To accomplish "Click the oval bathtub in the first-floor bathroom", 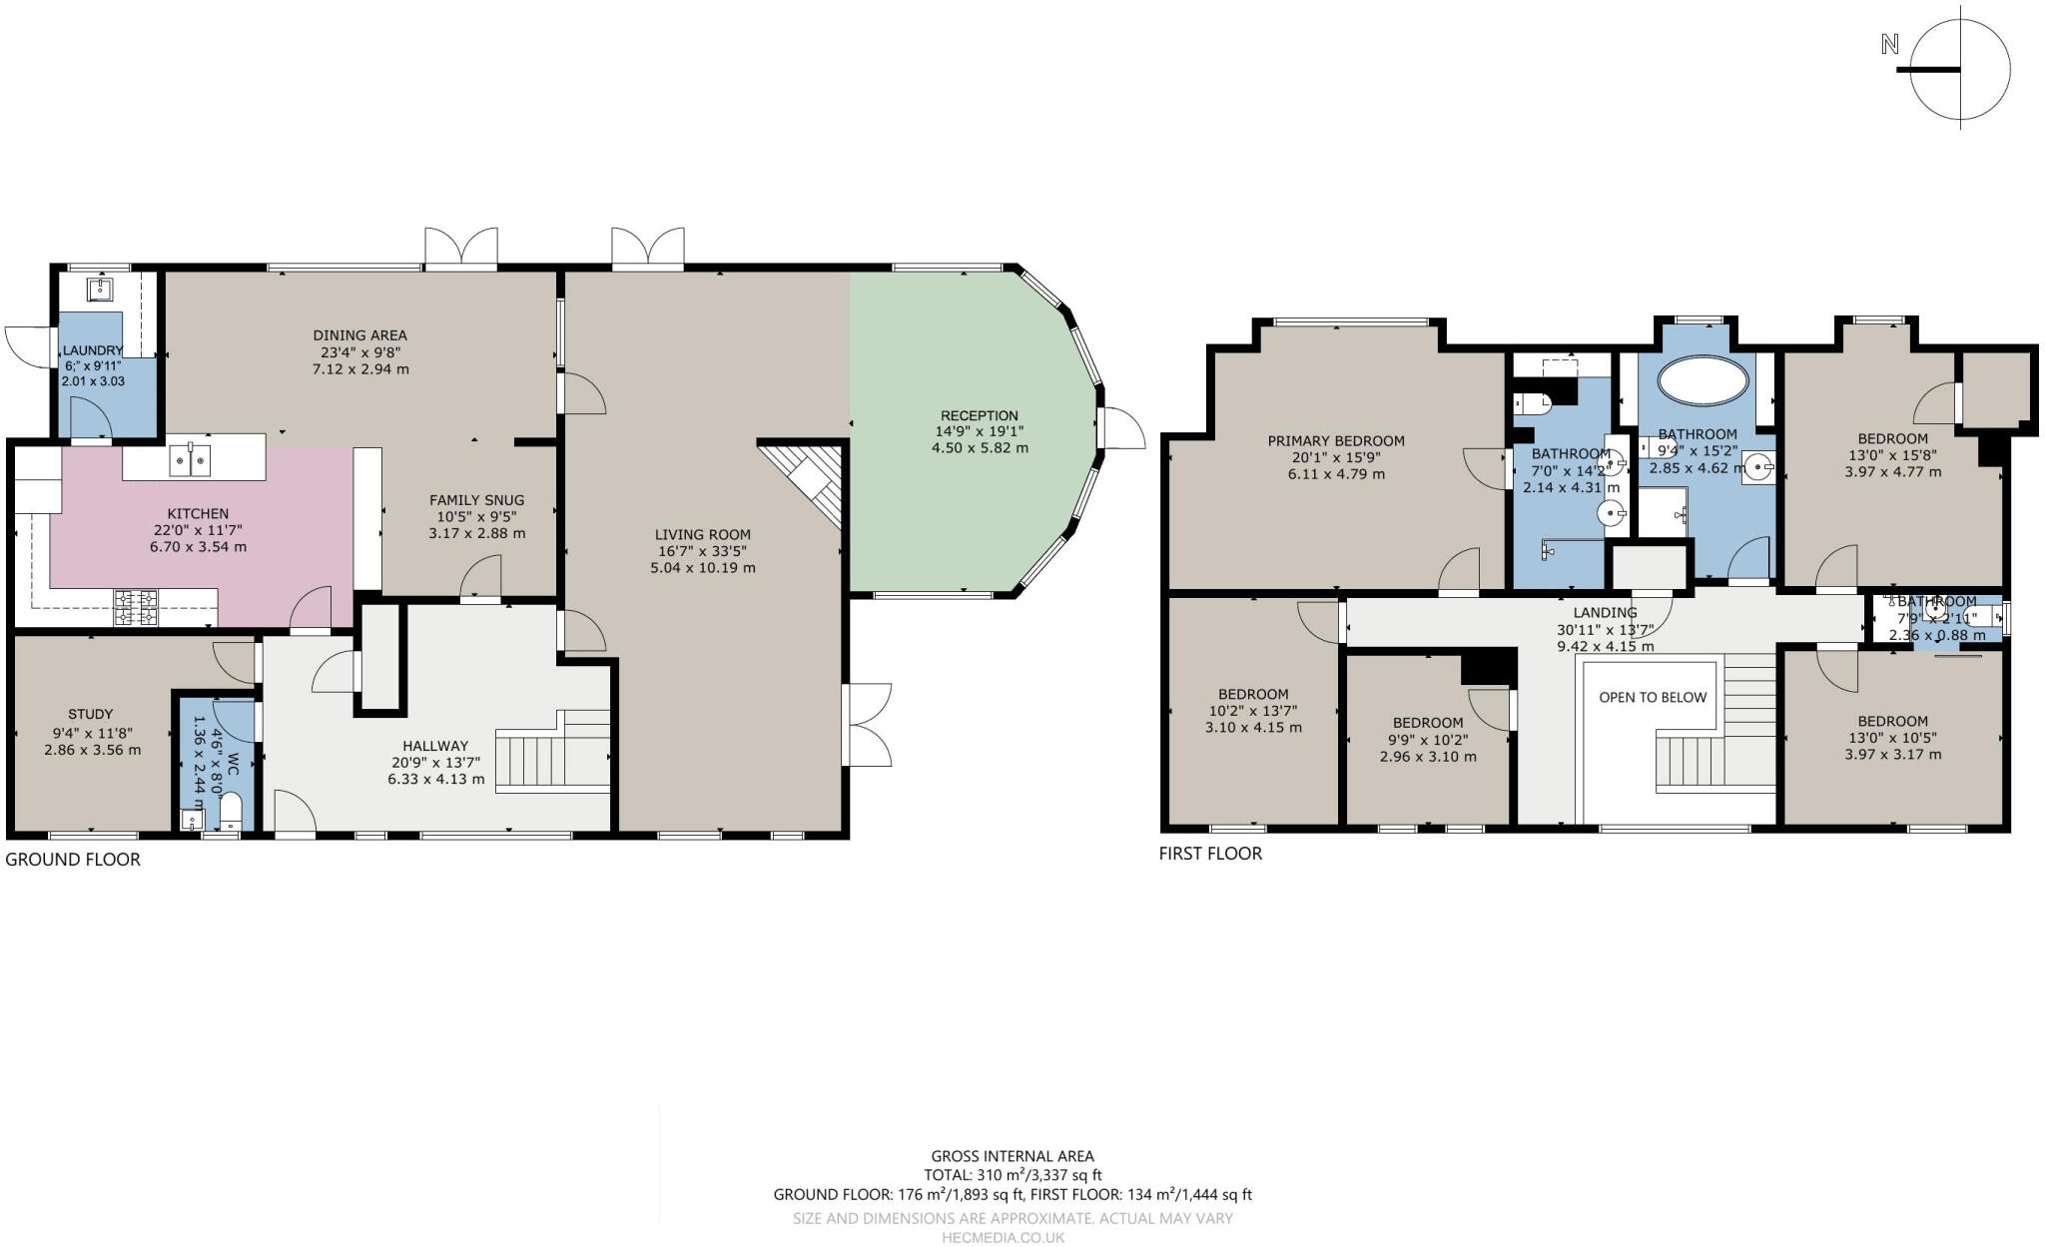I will pos(1703,380).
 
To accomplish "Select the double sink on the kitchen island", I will pos(191,460).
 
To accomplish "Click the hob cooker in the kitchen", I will pos(136,608).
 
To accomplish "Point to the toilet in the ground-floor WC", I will pos(230,811).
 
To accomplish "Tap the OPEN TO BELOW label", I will pos(1653,697).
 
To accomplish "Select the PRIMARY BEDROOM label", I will pos(1335,440).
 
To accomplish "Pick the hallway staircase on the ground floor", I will pos(553,751).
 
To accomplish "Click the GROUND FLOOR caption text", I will pos(73,859).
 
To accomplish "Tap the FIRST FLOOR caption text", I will pos(1210,853).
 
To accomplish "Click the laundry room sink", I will pos(100,290).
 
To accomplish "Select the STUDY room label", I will pos(90,714).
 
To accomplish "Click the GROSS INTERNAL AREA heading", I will pos(1012,1156).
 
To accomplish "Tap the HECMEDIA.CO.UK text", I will pos(1003,1237).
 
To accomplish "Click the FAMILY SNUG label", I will pos(476,499).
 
